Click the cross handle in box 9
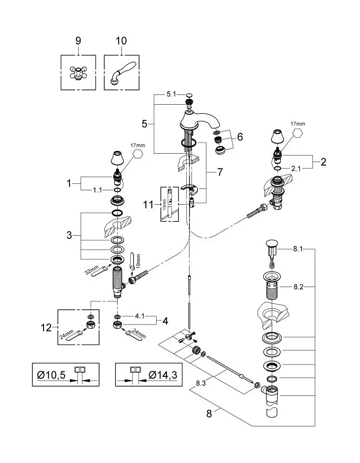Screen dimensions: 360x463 click(x=78, y=73)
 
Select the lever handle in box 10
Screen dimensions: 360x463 click(x=122, y=73)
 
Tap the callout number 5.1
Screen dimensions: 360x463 click(x=171, y=94)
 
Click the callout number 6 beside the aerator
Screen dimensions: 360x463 click(x=240, y=137)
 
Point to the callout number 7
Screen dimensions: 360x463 click(x=220, y=172)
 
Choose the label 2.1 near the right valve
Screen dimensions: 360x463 click(x=296, y=169)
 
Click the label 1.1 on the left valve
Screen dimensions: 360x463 click(x=97, y=190)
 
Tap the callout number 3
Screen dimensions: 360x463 click(x=69, y=235)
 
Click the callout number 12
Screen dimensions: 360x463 click(x=46, y=327)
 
